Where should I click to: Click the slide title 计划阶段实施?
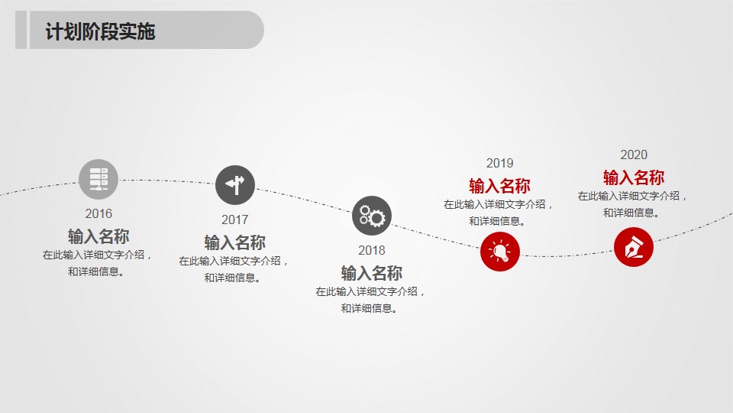click(100, 32)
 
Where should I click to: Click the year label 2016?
click(98, 214)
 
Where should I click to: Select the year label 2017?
click(234, 220)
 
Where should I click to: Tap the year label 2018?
click(372, 251)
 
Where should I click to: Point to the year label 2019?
click(499, 163)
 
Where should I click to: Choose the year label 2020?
click(634, 155)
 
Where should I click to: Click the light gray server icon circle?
click(98, 179)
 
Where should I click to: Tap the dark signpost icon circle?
click(235, 185)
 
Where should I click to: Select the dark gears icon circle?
click(372, 216)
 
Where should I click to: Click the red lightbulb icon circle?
click(500, 251)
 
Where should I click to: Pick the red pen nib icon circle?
click(634, 247)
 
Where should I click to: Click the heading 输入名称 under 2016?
click(98, 236)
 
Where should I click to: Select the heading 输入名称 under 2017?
click(234, 242)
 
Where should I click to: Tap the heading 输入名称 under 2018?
click(372, 273)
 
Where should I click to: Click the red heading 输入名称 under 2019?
click(499, 186)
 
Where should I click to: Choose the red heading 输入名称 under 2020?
click(634, 177)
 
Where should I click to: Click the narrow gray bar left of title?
click(21, 30)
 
